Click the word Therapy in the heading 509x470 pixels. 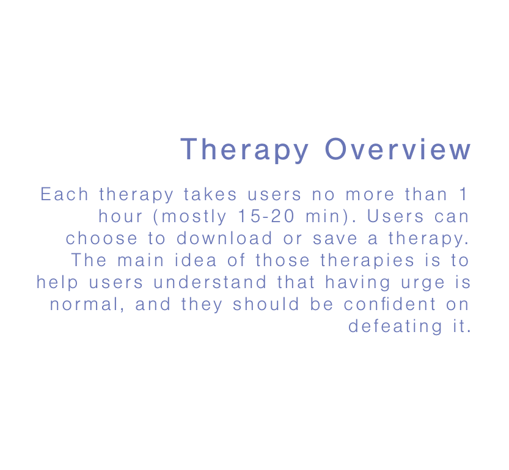tap(244, 150)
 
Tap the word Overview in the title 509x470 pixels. tap(398, 149)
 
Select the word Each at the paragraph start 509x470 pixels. tap(64, 194)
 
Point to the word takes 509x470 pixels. tap(210, 194)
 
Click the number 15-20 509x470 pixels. tap(266, 216)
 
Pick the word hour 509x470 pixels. tap(120, 216)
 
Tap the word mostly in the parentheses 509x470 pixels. tap(194, 217)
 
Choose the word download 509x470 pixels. tap(224, 239)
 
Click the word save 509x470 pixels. tap(335, 239)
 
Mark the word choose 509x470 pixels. tap(101, 239)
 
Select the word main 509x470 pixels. tap(141, 260)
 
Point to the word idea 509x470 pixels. tap(196, 260)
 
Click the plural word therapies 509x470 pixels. tap(367, 261)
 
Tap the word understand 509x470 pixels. tap(210, 282)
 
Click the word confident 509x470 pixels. tap(390, 304)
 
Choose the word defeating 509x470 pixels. tap(395, 327)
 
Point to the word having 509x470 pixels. tap(357, 283)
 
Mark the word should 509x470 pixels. tap(266, 304)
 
